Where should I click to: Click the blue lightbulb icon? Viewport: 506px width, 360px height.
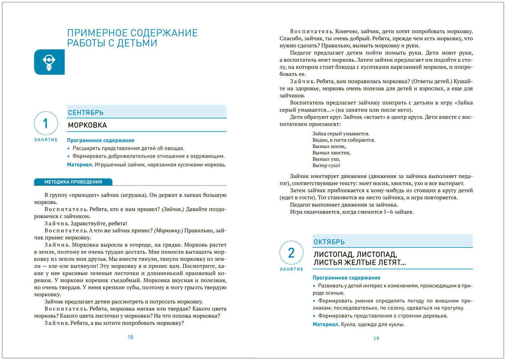49,62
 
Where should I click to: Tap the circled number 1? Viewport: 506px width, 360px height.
46,123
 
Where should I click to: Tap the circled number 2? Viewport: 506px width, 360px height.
291,252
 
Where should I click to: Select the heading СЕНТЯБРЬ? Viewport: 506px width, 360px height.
86,112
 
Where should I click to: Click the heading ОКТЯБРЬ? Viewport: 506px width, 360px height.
329,242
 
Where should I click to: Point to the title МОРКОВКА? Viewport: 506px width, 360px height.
87,125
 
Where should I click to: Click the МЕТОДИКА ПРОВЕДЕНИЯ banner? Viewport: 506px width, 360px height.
73,182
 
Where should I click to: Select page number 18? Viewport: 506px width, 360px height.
130,337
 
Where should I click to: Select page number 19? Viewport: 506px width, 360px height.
376,339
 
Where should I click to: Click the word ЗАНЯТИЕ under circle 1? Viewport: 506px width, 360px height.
46,140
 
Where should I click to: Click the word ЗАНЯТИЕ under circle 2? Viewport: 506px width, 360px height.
291,269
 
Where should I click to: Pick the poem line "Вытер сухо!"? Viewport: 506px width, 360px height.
326,165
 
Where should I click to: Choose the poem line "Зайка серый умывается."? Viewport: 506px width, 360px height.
341,133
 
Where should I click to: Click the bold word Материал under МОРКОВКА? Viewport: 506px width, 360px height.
80,165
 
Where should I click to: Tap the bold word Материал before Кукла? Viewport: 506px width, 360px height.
326,324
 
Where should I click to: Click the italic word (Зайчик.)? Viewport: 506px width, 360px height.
173,209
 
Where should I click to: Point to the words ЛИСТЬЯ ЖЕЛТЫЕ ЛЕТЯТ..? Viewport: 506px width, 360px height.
359,263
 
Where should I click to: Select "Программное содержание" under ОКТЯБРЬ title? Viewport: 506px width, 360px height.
346,278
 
